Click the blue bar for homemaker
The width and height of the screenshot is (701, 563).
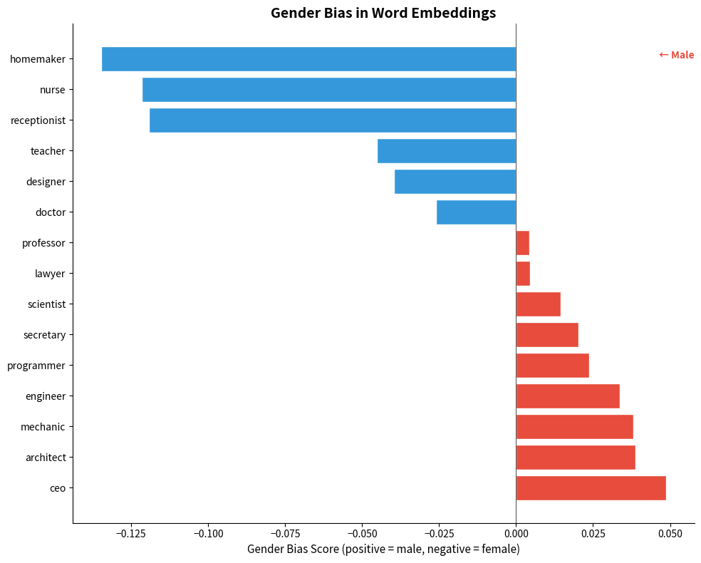[308, 59]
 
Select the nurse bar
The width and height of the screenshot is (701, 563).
[329, 90]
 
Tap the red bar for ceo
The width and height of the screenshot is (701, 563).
[591, 488]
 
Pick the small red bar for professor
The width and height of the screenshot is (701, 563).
[522, 243]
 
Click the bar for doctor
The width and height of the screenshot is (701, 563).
[476, 212]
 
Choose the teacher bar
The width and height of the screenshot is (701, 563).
[447, 151]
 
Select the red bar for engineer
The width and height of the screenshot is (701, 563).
[568, 396]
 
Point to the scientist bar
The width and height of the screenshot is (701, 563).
[538, 304]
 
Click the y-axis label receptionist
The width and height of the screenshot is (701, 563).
[38, 120]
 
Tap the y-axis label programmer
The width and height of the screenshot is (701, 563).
[36, 366]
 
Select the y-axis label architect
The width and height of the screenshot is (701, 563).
[46, 458]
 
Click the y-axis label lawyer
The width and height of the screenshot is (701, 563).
[50, 274]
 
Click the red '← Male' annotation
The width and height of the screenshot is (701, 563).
[676, 55]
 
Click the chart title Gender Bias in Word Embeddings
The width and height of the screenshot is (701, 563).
[383, 13]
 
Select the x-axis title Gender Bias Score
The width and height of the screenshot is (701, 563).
[383, 549]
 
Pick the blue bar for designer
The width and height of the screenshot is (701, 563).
[455, 182]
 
